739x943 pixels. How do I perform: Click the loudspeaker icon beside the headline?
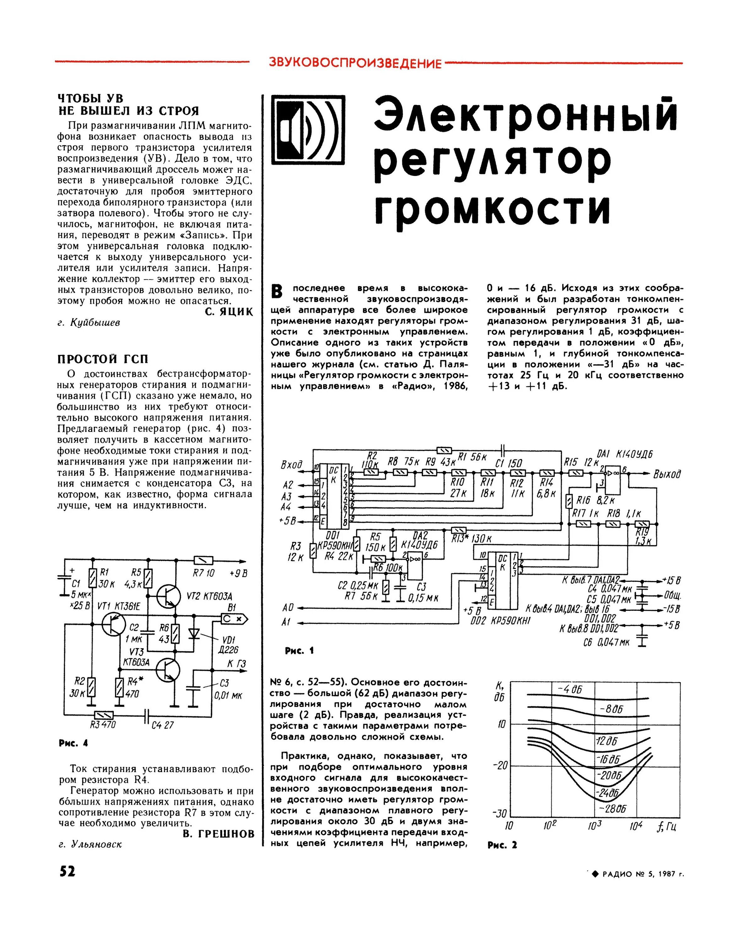click(x=308, y=130)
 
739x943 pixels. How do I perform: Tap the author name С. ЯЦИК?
click(x=228, y=312)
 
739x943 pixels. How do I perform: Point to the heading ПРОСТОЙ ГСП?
click(x=103, y=359)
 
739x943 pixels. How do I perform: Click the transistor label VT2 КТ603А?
click(x=209, y=596)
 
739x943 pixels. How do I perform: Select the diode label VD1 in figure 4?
click(x=228, y=640)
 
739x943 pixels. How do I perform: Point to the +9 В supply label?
click(x=238, y=573)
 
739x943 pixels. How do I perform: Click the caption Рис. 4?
click(x=73, y=743)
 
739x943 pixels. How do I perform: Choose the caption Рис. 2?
click(x=502, y=845)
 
